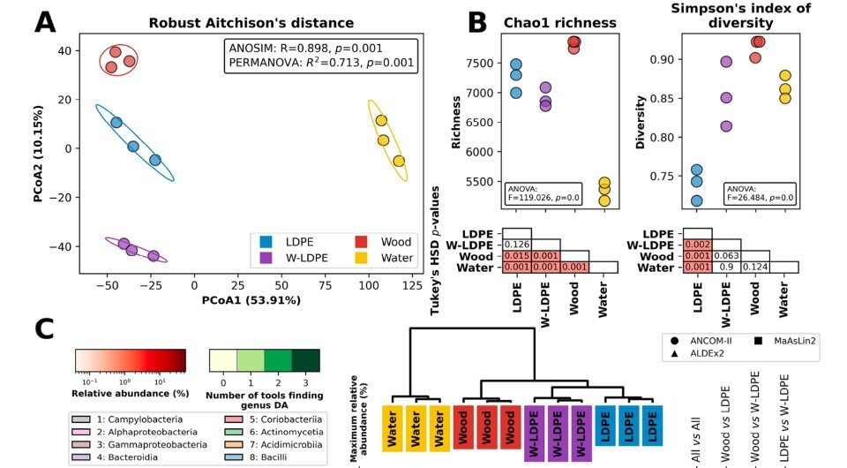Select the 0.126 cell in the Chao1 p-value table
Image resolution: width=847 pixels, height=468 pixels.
pyautogui.click(x=517, y=244)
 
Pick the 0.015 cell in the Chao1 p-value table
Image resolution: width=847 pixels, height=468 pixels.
pyautogui.click(x=517, y=255)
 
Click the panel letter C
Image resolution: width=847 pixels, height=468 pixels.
pyautogui.click(x=45, y=330)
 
